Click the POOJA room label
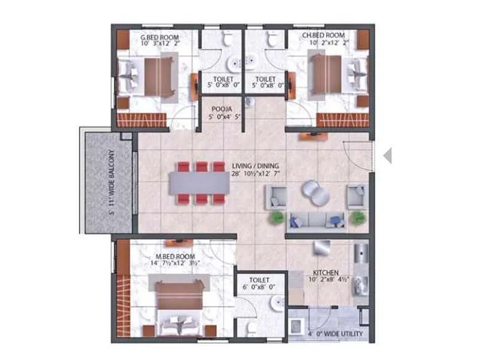[221, 110]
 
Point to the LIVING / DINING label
[257, 166]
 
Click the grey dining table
[199, 184]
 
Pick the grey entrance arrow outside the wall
[388, 155]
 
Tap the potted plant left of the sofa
[277, 217]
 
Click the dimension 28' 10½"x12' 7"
[257, 174]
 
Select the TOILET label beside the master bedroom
[260, 280]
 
